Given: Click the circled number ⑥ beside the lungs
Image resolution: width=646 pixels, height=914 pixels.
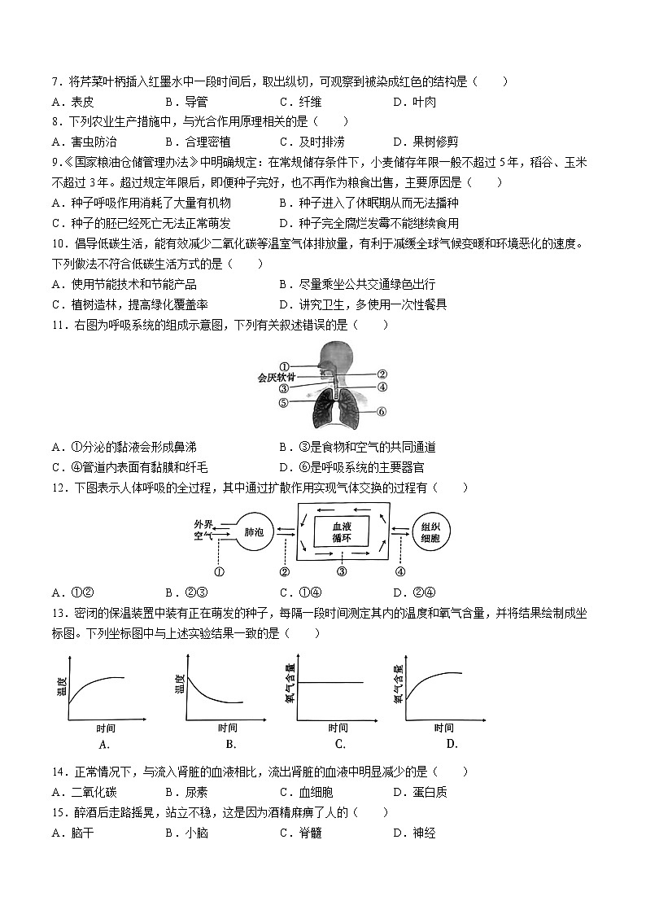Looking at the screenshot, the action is click(381, 412).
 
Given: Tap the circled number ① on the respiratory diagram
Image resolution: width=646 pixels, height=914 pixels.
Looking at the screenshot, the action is click(284, 366).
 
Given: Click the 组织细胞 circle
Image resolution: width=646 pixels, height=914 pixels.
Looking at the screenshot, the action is click(431, 531).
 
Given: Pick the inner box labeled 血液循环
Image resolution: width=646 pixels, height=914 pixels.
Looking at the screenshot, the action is click(342, 531).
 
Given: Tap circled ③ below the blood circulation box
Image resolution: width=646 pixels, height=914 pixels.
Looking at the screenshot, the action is click(342, 571).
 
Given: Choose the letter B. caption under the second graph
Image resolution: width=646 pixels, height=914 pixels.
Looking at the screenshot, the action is click(230, 744).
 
